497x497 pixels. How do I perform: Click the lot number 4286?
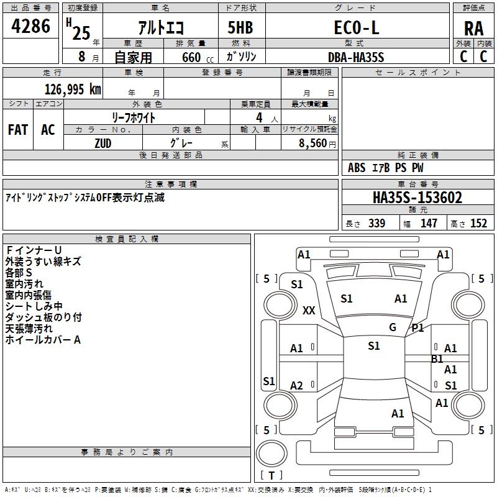pos(31,27)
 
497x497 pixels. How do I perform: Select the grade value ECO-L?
pos(356,28)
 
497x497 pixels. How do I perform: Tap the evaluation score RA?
pos(473,29)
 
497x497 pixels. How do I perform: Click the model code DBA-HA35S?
pos(356,57)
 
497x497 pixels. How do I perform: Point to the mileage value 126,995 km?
pos(73,89)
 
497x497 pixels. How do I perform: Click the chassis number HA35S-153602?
pos(417,198)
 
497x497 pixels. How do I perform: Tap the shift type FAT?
pos(18,130)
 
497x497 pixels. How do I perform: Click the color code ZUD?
pos(104,142)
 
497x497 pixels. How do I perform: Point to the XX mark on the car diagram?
pos(309,311)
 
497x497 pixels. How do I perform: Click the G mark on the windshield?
pos(393,327)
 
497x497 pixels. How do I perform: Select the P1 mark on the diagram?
pos(417,327)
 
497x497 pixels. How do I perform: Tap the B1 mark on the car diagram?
pos(437,358)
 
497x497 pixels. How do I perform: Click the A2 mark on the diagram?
pos(297,386)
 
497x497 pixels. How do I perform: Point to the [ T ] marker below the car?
pos(271,475)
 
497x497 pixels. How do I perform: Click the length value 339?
pos(376,224)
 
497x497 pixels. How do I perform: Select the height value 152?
pos(478,224)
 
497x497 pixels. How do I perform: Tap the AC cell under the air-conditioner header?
pos(48,130)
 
